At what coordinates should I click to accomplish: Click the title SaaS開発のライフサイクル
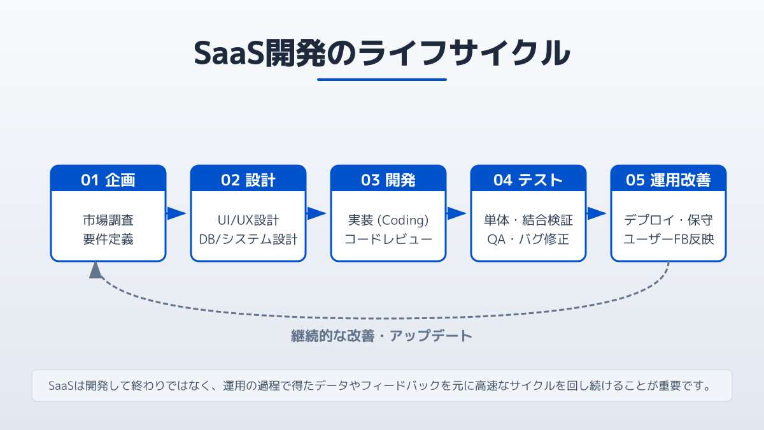pos(382,53)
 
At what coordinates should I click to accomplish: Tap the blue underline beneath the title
pos(382,80)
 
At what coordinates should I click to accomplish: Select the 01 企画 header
pos(108,180)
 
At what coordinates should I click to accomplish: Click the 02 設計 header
pos(248,180)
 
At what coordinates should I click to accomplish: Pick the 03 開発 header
pos(388,180)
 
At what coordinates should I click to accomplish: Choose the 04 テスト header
pos(528,180)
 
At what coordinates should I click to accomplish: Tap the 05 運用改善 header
pos(668,180)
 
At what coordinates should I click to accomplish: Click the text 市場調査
pos(108,220)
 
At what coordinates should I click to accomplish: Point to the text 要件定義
pos(108,240)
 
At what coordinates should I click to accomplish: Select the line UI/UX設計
pos(248,220)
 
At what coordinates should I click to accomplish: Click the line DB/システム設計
pos(248,240)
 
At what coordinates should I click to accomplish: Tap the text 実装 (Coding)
pos(388,220)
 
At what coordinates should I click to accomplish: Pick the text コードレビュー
pos(388,240)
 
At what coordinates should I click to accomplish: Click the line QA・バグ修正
pos(528,240)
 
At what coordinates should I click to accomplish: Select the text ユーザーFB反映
pos(668,240)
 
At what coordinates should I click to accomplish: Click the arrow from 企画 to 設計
pos(177,213)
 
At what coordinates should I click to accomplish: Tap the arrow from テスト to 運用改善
pos(597,213)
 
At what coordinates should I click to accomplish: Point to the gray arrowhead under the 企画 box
pos(95,270)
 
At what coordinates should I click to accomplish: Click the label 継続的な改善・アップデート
pos(382,336)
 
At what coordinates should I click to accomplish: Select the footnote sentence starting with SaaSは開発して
pos(382,386)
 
